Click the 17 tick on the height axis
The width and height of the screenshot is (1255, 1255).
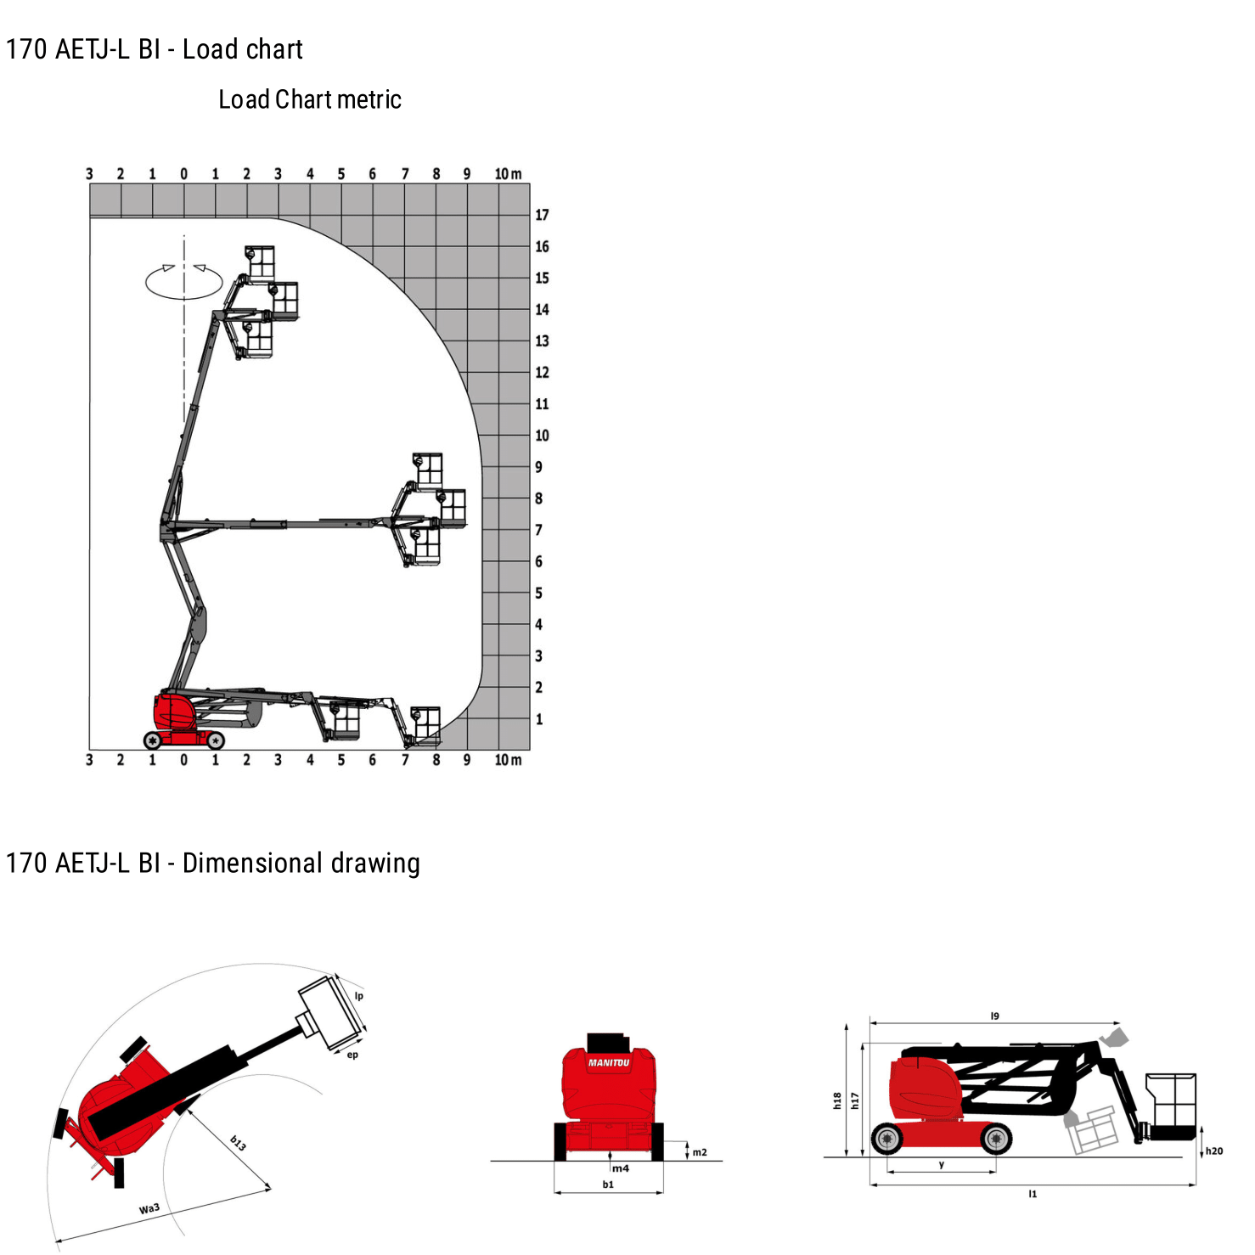coord(542,215)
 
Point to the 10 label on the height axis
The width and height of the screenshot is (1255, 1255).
coord(542,436)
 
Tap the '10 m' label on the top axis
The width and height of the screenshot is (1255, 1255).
coord(508,174)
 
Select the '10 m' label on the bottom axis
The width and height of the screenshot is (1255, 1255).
coord(508,760)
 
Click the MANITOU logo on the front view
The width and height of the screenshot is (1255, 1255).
coord(609,1062)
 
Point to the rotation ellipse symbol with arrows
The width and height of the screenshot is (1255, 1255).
coord(184,281)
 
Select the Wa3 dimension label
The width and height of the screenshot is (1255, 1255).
coord(149,1208)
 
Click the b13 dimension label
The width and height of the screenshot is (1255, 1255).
coord(239,1143)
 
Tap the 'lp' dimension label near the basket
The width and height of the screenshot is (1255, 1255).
coord(359,996)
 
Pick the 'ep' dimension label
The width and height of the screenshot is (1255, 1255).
coord(352,1055)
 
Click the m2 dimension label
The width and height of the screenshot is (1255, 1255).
coord(700,1152)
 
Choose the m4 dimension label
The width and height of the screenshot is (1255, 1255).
coord(622,1168)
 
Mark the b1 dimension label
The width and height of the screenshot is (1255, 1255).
coord(608,1185)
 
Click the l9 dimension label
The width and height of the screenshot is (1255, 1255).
coord(995,1016)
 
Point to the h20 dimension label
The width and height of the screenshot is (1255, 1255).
coord(1214,1151)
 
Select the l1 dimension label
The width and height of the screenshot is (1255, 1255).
coord(1033,1194)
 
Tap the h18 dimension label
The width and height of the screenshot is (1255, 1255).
coord(837,1101)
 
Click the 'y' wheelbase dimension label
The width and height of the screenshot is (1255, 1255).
coord(942,1165)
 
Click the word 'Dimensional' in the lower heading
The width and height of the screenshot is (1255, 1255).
coord(253,863)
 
